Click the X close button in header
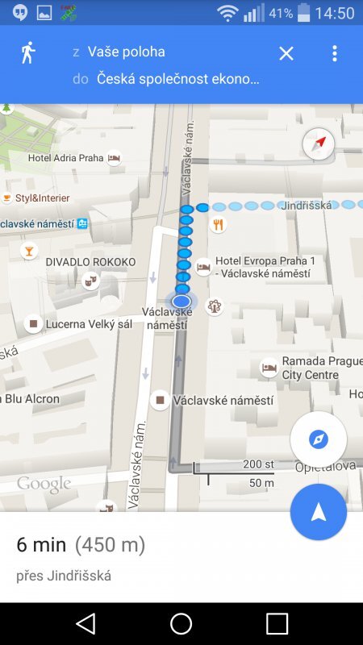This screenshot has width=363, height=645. (x=286, y=53)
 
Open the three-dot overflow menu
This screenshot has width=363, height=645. (x=335, y=53)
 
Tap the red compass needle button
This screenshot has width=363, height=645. (x=319, y=145)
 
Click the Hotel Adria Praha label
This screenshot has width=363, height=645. (x=66, y=158)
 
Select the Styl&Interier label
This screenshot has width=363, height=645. (x=41, y=198)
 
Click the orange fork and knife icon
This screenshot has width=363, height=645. (x=217, y=225)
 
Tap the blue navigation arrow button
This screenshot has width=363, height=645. (x=319, y=512)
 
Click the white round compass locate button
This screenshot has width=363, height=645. (x=319, y=439)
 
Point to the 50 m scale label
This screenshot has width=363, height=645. (x=261, y=483)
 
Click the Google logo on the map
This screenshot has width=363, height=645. (x=44, y=484)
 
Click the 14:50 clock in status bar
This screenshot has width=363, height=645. (x=335, y=13)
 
